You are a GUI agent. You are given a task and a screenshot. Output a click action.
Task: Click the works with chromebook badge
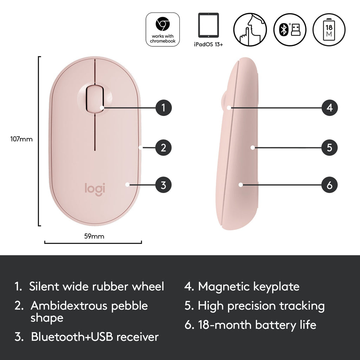(163, 30)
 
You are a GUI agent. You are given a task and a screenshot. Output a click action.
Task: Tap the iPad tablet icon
(208, 25)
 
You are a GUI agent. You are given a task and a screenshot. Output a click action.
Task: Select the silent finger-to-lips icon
(250, 30)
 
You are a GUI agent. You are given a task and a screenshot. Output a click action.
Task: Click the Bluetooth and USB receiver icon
(290, 30)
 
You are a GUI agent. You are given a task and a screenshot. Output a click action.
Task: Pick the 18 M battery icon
(329, 30)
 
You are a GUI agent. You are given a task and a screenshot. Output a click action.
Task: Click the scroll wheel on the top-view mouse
(95, 99)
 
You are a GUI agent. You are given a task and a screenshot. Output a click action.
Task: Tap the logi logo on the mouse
(95, 189)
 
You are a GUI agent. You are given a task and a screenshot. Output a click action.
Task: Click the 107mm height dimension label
(21, 139)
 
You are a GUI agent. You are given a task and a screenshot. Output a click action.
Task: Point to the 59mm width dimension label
(94, 236)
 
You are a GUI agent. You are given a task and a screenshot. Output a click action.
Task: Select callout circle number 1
(163, 108)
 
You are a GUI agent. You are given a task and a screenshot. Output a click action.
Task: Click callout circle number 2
(163, 148)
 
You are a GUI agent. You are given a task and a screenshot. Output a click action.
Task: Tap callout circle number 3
(163, 185)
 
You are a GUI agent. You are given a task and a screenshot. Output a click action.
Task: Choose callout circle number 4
(330, 108)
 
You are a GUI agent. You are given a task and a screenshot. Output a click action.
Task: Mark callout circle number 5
(330, 148)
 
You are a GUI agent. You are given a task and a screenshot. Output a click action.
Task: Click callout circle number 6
(330, 185)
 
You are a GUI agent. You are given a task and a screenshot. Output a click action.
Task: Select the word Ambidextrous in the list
(69, 306)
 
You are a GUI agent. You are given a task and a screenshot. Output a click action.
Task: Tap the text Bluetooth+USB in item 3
(72, 336)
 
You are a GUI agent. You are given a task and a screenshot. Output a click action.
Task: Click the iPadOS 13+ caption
(208, 44)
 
